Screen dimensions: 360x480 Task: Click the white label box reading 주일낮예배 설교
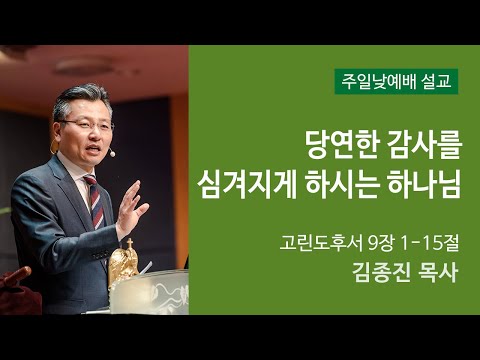[x=397, y=80]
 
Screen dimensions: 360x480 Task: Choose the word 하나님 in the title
[x=429, y=185]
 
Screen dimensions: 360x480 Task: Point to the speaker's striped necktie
[x=93, y=200]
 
